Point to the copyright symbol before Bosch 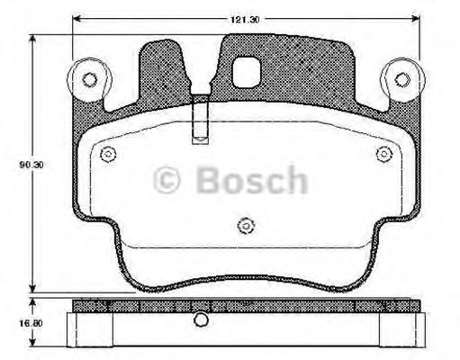click(x=168, y=181)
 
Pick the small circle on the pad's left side click(x=108, y=153)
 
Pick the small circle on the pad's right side click(x=383, y=153)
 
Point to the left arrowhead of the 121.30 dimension click(x=77, y=19)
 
